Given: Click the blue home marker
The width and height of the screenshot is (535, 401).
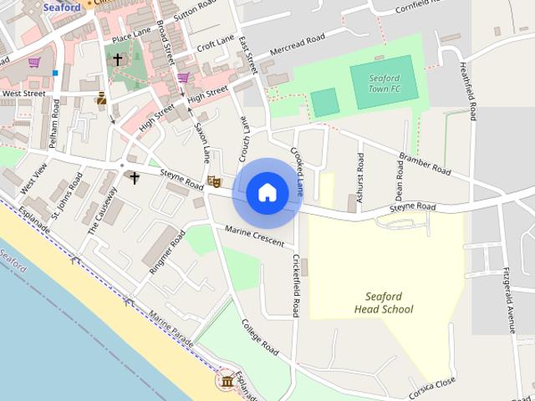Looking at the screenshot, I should [267, 192].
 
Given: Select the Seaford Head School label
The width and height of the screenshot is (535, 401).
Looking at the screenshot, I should [384, 302].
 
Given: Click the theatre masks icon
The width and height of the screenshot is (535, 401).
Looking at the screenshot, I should [214, 180].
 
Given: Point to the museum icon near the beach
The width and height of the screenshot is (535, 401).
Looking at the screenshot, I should [227, 382].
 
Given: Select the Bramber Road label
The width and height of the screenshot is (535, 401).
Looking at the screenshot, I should [425, 164].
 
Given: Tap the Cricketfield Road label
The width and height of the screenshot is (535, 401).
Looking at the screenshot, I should [295, 286].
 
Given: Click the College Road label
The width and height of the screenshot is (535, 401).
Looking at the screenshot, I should [259, 336].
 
